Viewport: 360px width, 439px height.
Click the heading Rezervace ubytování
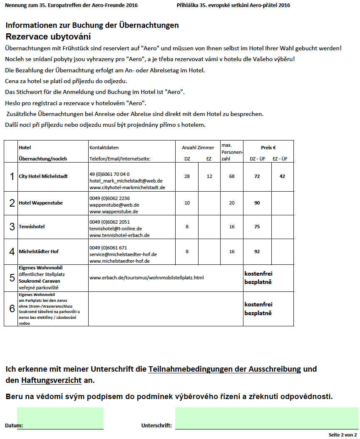pyautogui.click(x=48, y=37)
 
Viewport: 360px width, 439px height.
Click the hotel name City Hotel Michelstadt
pyautogui.click(x=43, y=176)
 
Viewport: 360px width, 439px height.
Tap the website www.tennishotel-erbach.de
pyautogui.click(x=119, y=235)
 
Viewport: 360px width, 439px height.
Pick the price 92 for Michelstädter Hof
pyautogui.click(x=257, y=252)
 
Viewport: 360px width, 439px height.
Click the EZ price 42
pyautogui.click(x=282, y=176)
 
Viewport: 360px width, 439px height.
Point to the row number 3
pyautogui.click(x=12, y=227)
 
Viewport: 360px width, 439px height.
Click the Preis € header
pyautogui.click(x=268, y=148)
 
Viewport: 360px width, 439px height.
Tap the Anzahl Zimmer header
pyautogui.click(x=198, y=148)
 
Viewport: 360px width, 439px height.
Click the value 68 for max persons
pyautogui.click(x=232, y=176)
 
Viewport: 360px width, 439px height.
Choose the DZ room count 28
pyautogui.click(x=187, y=176)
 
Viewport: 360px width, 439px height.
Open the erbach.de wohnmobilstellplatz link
pyautogui.click(x=146, y=277)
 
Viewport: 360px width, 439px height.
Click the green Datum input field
pyautogui.click(x=60, y=418)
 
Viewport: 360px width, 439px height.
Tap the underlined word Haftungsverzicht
pyautogui.click(x=51, y=380)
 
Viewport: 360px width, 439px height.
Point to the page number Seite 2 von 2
pyautogui.click(x=343, y=434)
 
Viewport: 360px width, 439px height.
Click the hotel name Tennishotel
pyautogui.click(x=32, y=227)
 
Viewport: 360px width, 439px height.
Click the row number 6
pyautogui.click(x=12, y=308)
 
